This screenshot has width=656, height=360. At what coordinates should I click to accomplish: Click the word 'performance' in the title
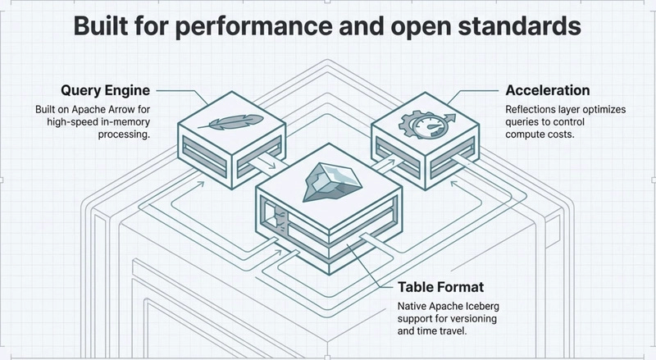pos(247,27)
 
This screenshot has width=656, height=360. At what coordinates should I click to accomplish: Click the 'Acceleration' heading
pos(547,90)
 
